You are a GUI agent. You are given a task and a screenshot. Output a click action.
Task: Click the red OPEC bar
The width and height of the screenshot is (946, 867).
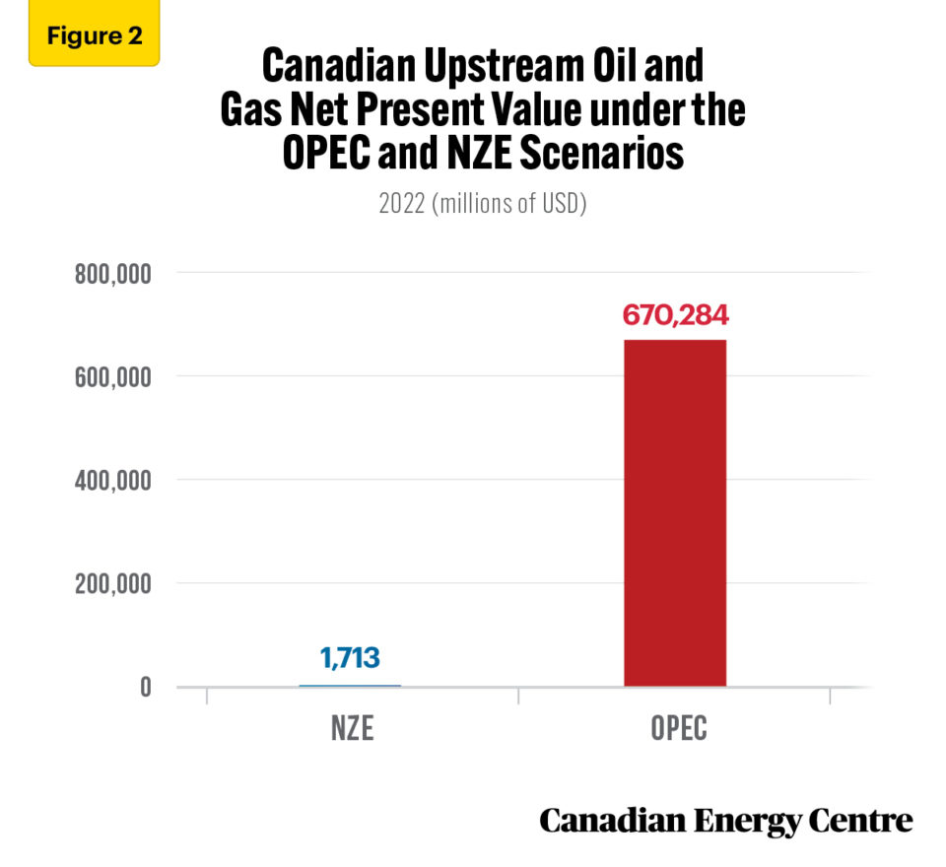click(675, 512)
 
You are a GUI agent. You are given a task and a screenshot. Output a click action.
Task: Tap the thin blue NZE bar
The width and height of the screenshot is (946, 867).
click(350, 685)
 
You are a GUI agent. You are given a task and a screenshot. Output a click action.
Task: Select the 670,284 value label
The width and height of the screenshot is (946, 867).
click(675, 316)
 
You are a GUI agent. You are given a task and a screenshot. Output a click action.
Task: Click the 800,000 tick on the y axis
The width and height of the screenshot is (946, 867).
click(112, 273)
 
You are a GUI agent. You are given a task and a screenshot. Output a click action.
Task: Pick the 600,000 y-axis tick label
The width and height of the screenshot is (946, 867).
click(112, 376)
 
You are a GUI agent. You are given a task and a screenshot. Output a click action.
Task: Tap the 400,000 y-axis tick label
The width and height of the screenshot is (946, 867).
click(112, 480)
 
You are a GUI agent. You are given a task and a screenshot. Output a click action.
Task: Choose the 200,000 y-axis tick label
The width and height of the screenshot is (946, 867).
click(112, 583)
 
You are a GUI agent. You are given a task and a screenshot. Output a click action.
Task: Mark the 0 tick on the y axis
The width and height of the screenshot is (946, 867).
click(145, 687)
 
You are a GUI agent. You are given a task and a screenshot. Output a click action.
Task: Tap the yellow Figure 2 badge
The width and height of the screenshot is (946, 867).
click(94, 37)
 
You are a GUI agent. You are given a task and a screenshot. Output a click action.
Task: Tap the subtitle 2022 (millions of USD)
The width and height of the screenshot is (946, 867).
click(483, 205)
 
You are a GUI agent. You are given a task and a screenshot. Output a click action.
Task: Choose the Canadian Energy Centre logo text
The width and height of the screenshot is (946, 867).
click(725, 820)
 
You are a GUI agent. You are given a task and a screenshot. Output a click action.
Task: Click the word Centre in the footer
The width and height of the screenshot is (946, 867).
click(861, 820)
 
